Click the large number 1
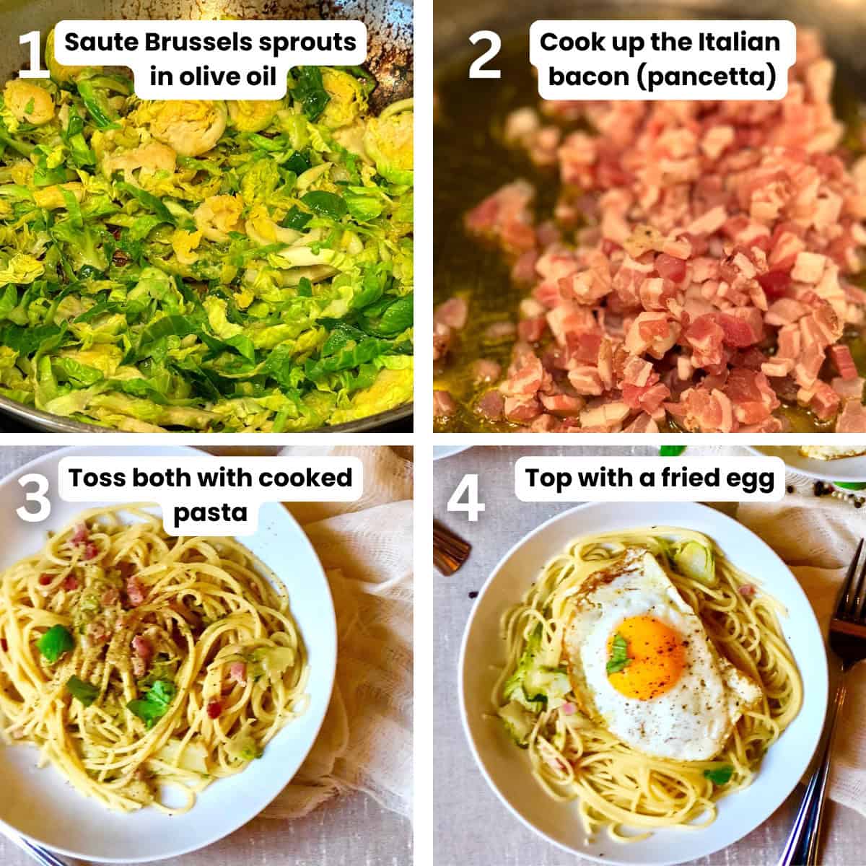pos(33,55)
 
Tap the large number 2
pos(485,55)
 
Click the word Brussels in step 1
pos(198,43)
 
